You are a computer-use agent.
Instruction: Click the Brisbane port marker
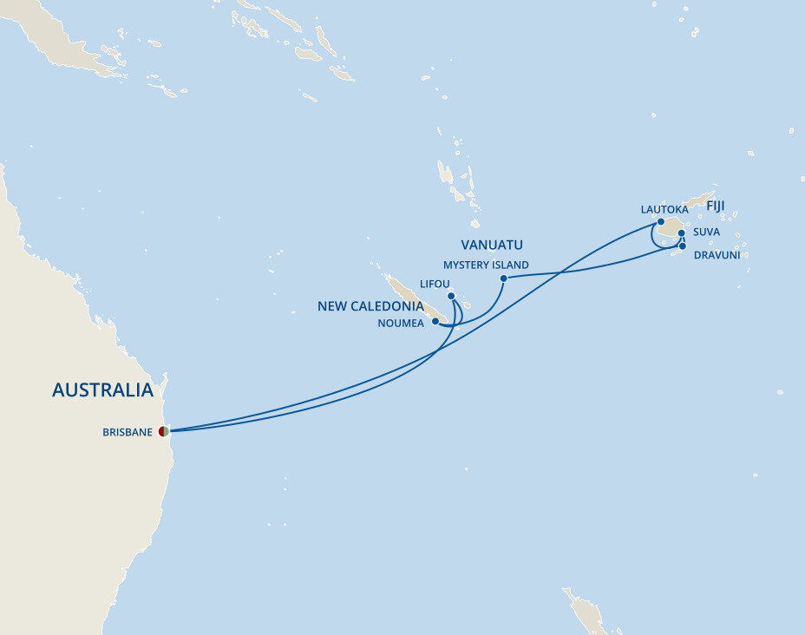[x=163, y=431]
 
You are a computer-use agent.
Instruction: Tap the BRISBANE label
[x=127, y=432]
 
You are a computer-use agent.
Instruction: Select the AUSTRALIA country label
[x=102, y=390]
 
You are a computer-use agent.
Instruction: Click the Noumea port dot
[x=435, y=321]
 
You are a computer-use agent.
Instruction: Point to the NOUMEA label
[x=401, y=324]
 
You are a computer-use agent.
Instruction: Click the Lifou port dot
[x=452, y=296]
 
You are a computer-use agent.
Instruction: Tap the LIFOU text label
[x=435, y=284]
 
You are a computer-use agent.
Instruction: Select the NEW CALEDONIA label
[x=370, y=306]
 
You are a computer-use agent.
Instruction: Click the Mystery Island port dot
[x=504, y=278]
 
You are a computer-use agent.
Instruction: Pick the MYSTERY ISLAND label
[x=486, y=265]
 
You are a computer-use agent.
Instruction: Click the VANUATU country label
[x=492, y=245]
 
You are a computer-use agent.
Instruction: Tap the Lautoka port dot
[x=661, y=222]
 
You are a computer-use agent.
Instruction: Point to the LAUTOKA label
[x=664, y=209]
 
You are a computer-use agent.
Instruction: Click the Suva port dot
[x=682, y=233]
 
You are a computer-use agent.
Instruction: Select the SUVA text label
[x=706, y=232]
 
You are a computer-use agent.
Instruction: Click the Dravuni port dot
[x=683, y=246]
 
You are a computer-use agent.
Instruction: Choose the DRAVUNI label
[x=717, y=255]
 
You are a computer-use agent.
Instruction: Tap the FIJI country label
[x=716, y=206]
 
